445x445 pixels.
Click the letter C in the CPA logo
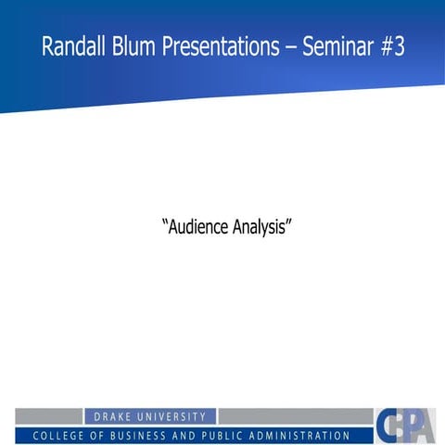click(388, 426)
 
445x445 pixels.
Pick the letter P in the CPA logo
click(407, 426)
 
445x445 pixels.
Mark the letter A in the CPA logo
click(425, 427)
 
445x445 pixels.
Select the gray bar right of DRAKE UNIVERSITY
click(295, 416)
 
